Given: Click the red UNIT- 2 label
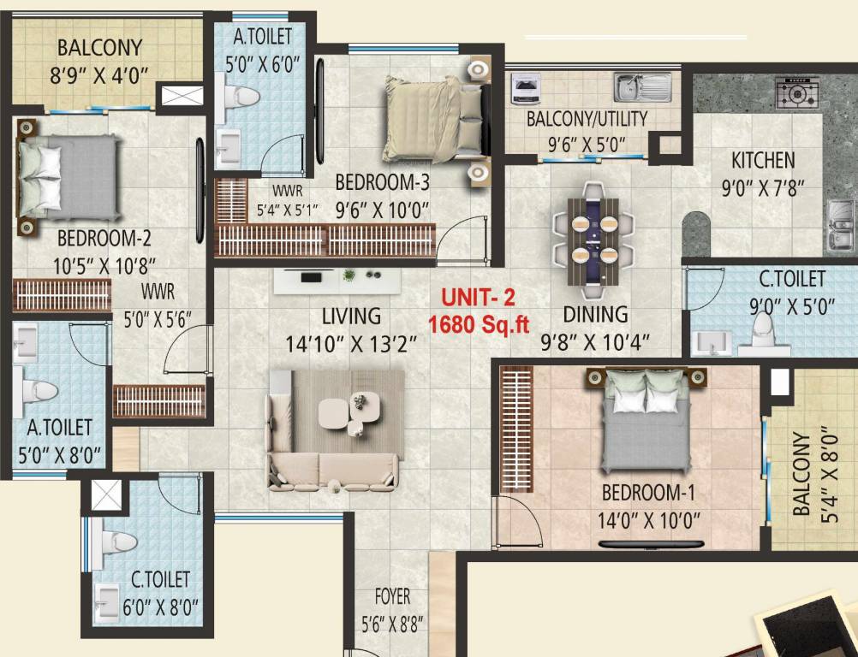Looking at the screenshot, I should (x=479, y=299).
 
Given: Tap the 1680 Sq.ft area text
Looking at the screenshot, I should (x=480, y=324).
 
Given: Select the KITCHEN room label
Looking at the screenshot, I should (x=762, y=160).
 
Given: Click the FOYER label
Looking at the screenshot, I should (x=391, y=596).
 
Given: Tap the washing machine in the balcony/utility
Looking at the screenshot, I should (x=524, y=88).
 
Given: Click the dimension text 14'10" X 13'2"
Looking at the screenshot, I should (x=351, y=343).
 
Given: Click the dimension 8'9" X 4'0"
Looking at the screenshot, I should (x=100, y=74).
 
